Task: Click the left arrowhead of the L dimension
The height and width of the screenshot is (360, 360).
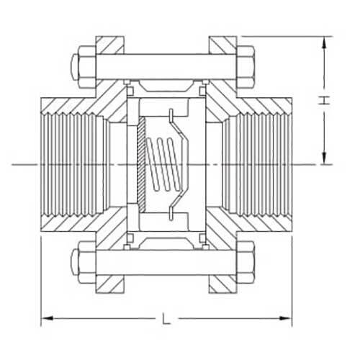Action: tap(45, 318)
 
